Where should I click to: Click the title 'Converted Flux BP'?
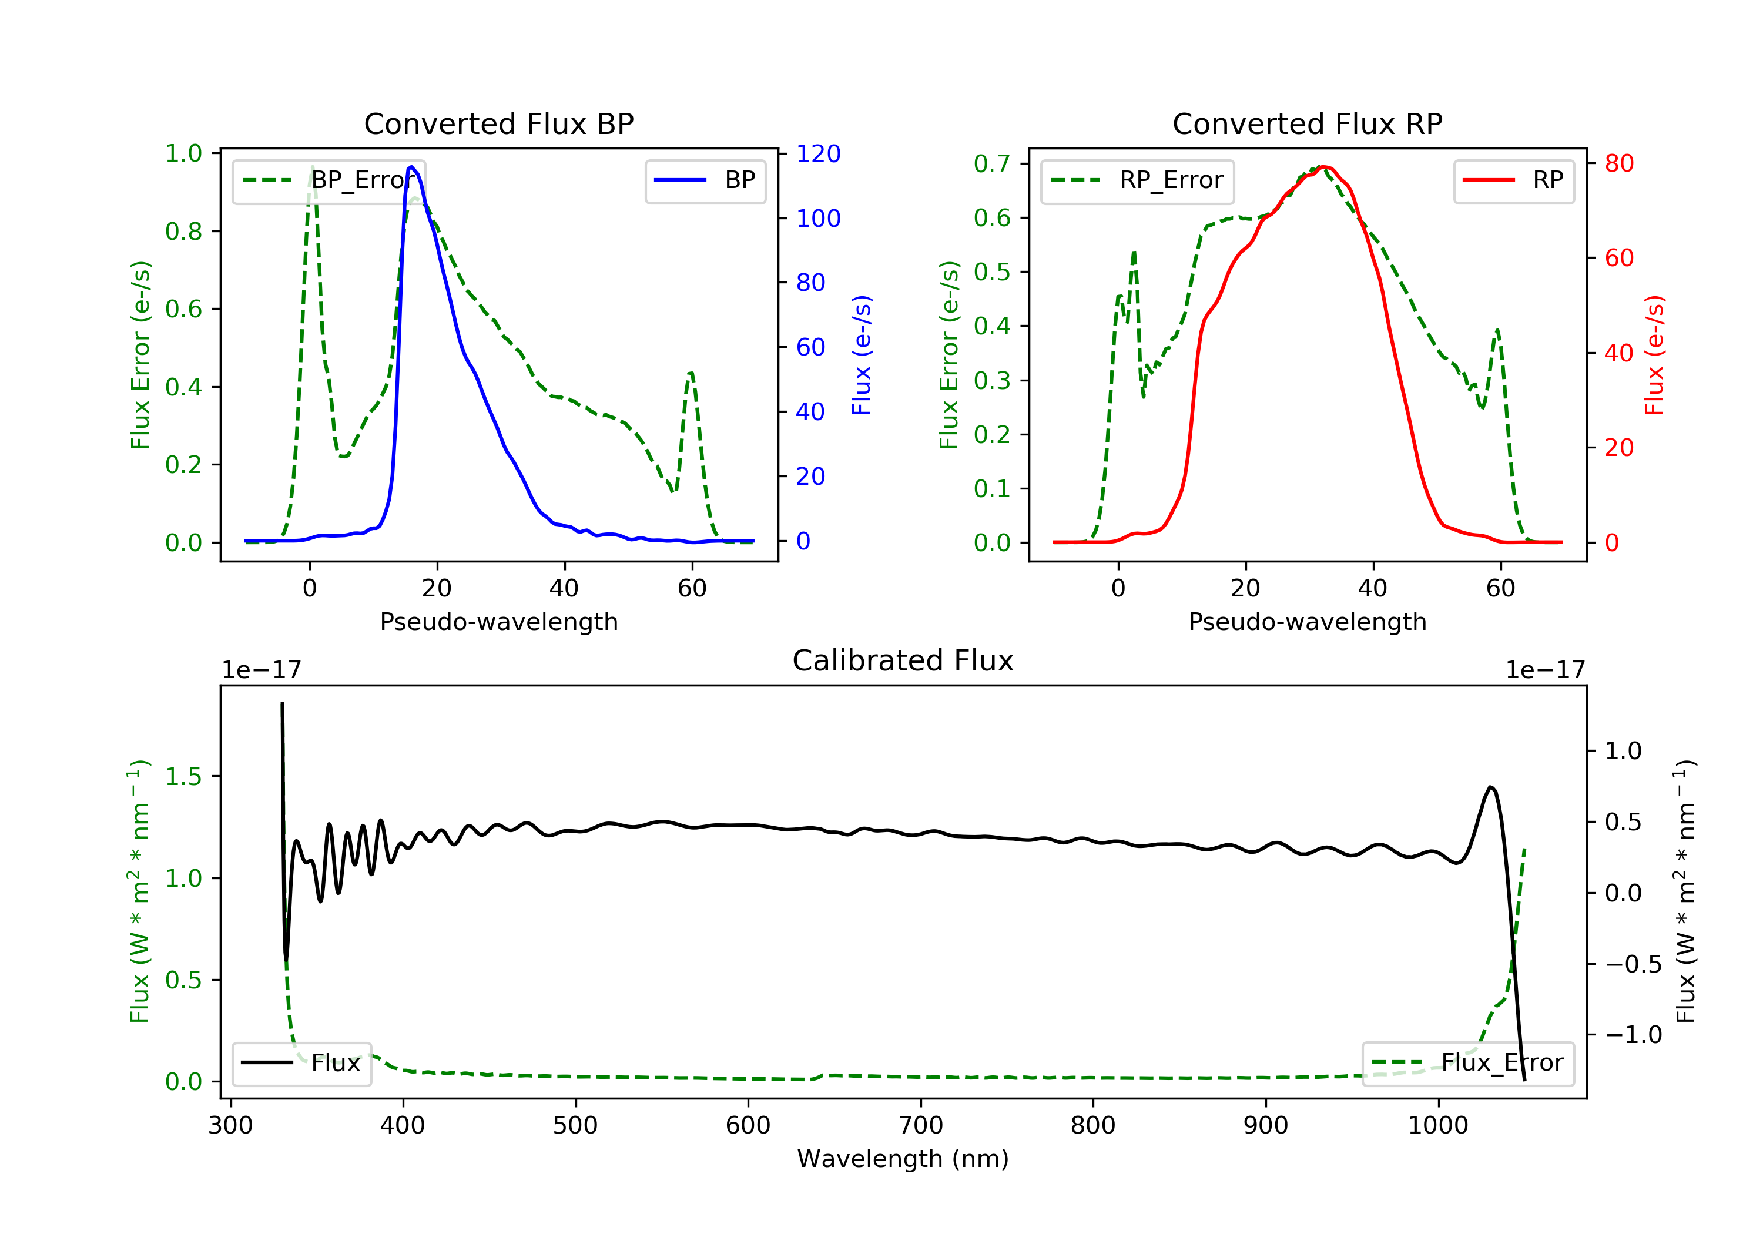498,123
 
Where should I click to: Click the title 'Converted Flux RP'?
1307,123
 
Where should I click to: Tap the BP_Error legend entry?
329,180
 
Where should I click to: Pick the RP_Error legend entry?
1137,180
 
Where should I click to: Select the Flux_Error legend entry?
1467,1063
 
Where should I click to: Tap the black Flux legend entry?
302,1063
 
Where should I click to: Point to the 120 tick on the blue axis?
818,153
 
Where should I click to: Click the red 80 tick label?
1618,163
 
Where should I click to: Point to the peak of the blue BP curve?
411,167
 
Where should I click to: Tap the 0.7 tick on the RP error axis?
991,163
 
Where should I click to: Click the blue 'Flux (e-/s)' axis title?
862,355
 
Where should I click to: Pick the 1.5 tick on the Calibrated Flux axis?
183,776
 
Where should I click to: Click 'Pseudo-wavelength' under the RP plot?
1307,621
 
